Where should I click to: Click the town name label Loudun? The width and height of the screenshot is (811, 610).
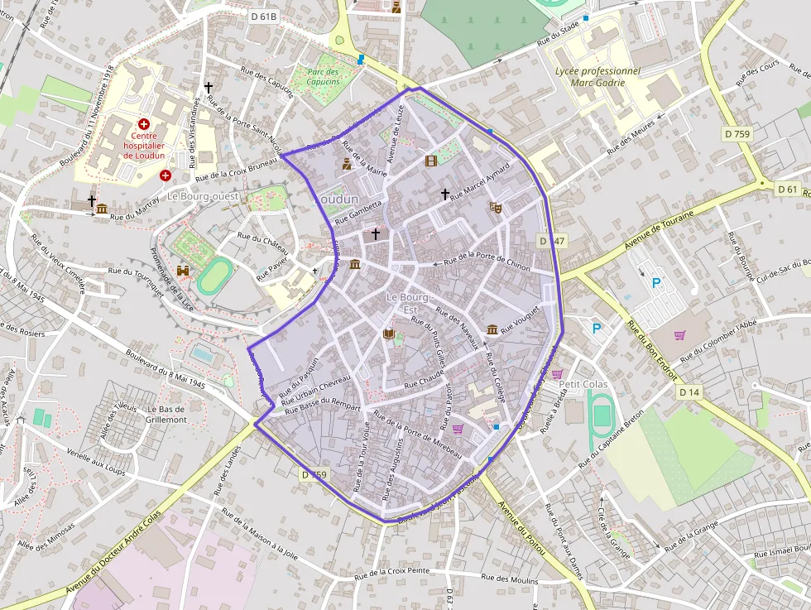tap(338, 199)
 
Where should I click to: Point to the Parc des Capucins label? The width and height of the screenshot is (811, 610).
tap(324, 76)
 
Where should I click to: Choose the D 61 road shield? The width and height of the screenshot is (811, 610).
tap(787, 190)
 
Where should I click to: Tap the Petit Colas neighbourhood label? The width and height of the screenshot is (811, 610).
tap(583, 384)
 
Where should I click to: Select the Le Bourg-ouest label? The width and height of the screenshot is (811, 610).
tap(203, 196)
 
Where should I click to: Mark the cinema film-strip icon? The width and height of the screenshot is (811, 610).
tap(430, 161)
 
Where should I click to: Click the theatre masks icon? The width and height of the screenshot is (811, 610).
tap(496, 207)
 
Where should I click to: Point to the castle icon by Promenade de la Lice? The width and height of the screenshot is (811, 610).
tap(183, 271)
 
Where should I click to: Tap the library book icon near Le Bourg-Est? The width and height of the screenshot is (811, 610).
tap(389, 334)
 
